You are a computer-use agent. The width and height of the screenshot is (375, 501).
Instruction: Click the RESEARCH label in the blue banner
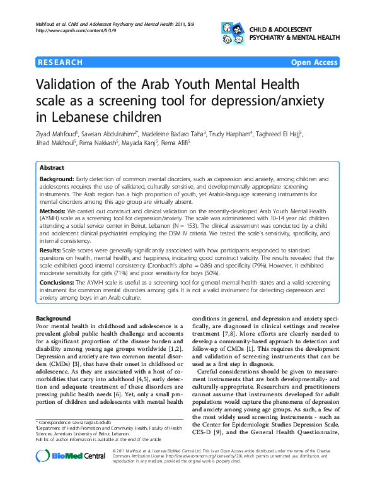60,62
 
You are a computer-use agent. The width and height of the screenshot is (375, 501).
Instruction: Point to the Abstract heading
52,168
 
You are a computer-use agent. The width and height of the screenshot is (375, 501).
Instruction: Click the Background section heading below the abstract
54,318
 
